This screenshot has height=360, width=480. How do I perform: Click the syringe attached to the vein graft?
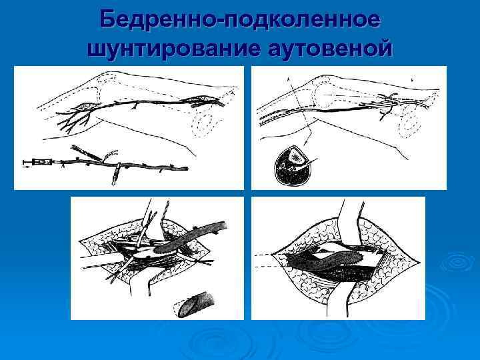point(39,162)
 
